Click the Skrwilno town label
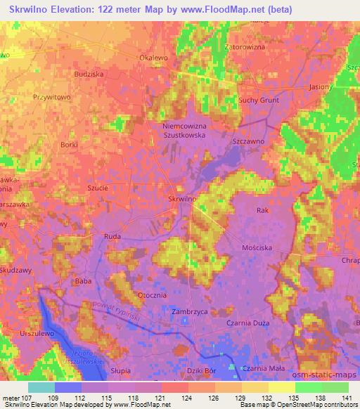pyautogui.click(x=181, y=199)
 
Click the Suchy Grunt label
pyautogui.click(x=259, y=100)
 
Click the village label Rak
pyautogui.click(x=263, y=210)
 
